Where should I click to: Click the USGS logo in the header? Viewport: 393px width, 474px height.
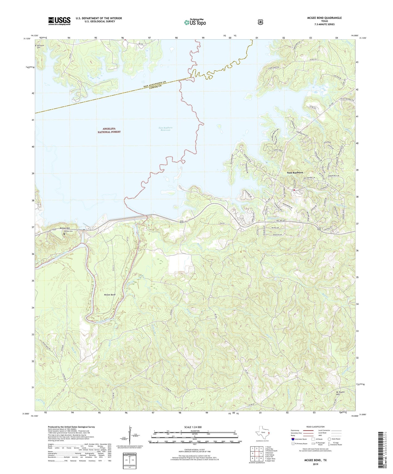[59, 21]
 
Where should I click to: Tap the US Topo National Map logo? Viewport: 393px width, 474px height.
[194, 22]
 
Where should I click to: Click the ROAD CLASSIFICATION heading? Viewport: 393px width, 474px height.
[315, 427]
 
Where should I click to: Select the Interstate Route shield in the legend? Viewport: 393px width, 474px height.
[293, 439]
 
